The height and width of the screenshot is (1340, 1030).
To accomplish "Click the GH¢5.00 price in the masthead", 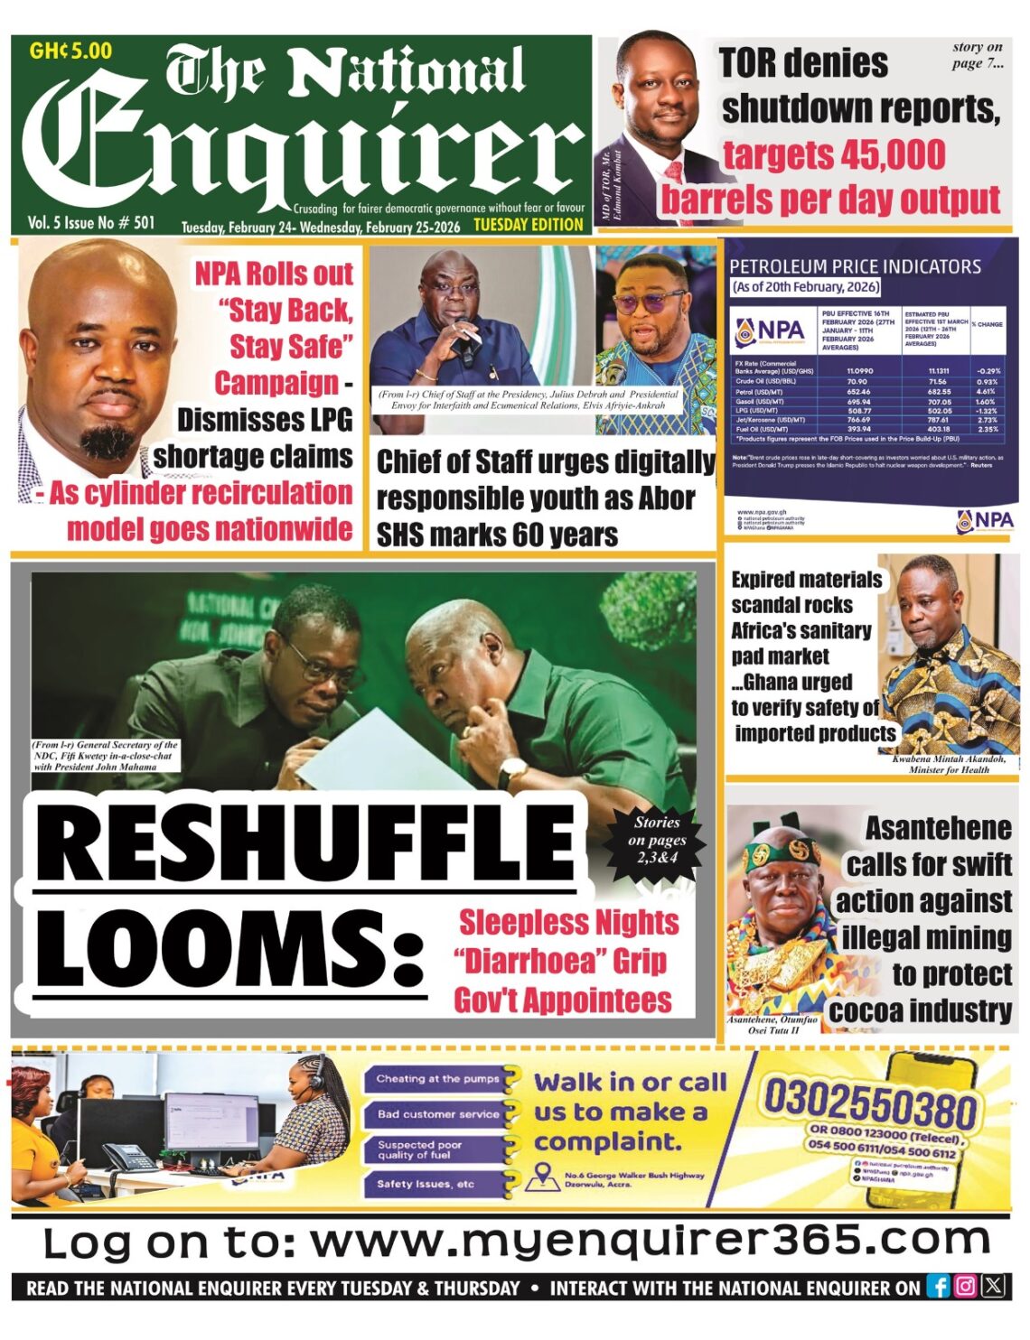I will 70,51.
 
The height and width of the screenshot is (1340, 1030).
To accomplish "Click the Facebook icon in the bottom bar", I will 939,1287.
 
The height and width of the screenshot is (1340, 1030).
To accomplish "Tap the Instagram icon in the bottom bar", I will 966,1287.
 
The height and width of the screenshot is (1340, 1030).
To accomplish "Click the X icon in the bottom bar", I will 993,1287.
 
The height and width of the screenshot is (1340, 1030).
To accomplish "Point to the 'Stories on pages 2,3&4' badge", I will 657,840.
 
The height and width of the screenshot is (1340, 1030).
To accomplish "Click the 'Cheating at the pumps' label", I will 437,1079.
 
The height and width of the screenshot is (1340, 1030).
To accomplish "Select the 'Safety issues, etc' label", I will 426,1184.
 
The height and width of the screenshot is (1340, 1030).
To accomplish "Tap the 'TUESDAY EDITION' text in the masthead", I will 529,225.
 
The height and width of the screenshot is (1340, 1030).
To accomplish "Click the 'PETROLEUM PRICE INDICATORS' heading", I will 855,266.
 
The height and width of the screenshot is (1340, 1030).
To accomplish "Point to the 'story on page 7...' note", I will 977,55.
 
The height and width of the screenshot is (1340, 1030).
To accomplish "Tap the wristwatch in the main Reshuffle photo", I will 512,772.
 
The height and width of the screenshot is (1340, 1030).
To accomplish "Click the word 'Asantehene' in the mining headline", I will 938,828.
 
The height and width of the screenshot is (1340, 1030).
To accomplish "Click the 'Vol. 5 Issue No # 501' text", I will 91,222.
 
